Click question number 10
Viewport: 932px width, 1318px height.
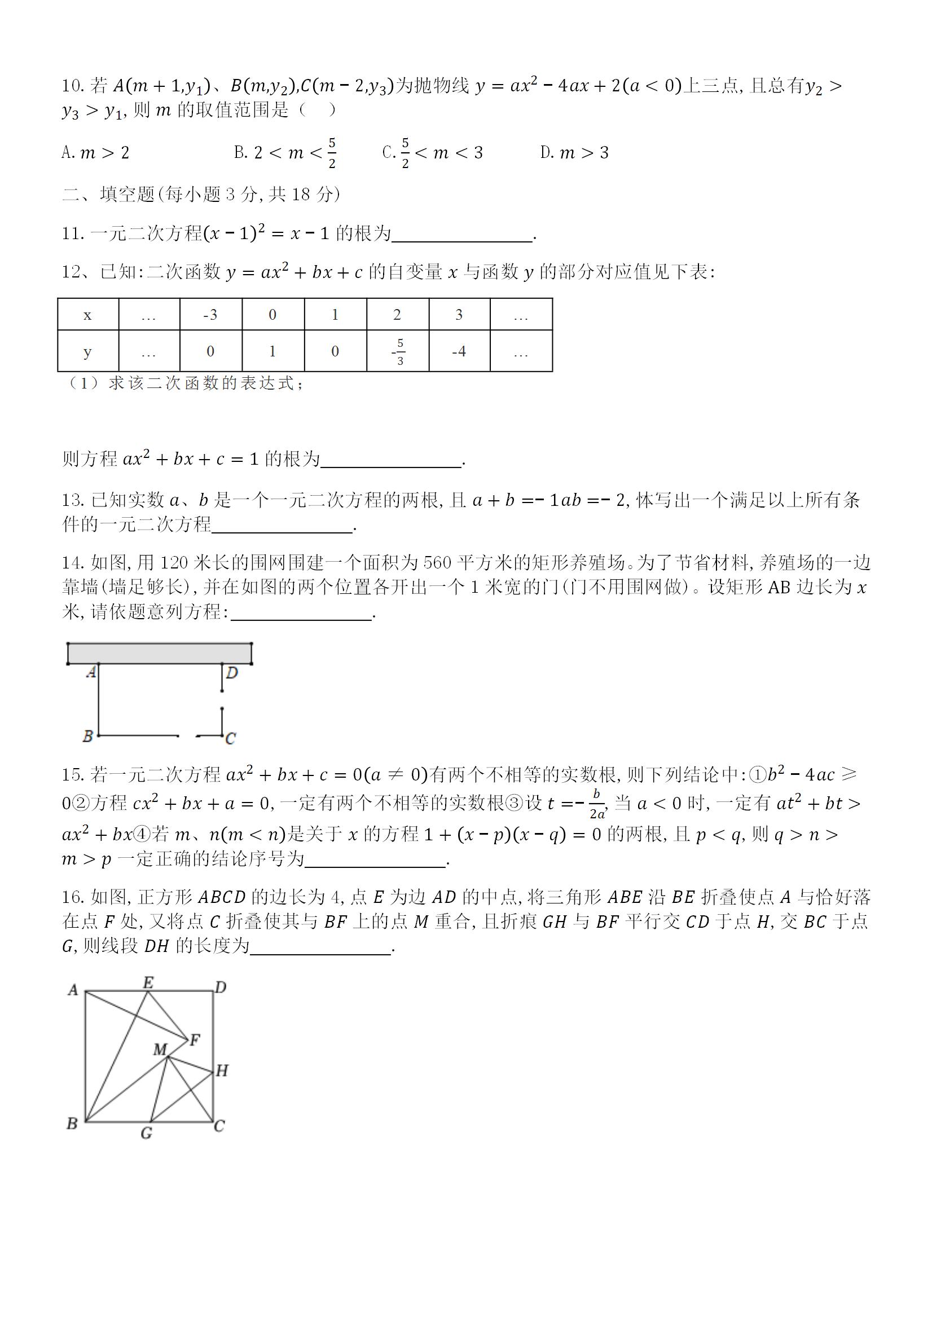pyautogui.click(x=73, y=86)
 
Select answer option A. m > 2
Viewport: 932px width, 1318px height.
pyautogui.click(x=95, y=153)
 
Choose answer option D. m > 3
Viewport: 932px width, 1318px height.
pyautogui.click(x=574, y=153)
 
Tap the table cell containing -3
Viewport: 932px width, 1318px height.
pyautogui.click(x=210, y=315)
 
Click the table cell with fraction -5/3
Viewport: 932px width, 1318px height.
pyautogui.click(x=398, y=351)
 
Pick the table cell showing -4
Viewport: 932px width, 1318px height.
pyautogui.click(x=459, y=351)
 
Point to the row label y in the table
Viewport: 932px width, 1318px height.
pyautogui.click(x=87, y=351)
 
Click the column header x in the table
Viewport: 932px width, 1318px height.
pyautogui.click(x=87, y=315)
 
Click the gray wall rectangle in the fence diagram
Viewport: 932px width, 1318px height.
pyautogui.click(x=160, y=653)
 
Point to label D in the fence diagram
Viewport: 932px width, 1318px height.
pyautogui.click(x=232, y=673)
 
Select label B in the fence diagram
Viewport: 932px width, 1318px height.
pyautogui.click(x=88, y=736)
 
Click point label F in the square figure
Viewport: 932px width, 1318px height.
pyautogui.click(x=195, y=1039)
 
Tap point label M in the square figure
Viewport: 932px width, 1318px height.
pyautogui.click(x=160, y=1050)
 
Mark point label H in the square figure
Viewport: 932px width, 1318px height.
pyautogui.click(x=222, y=1070)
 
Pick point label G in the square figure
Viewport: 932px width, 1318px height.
pyautogui.click(x=147, y=1133)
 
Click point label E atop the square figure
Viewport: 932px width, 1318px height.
pyautogui.click(x=148, y=983)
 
